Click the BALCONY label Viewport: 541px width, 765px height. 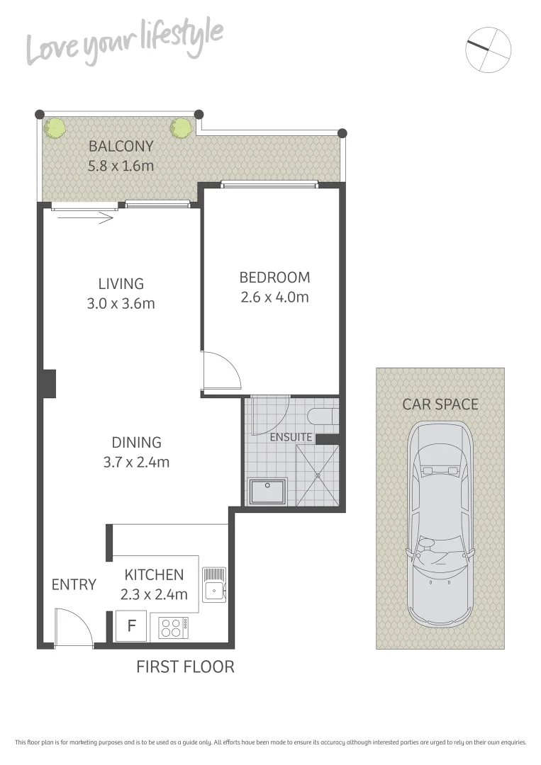121,147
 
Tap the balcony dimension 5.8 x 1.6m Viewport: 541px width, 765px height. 121,166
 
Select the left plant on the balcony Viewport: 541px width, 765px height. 55,128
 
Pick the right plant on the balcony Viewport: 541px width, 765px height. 180,128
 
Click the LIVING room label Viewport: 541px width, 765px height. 121,283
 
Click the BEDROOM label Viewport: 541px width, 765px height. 274,277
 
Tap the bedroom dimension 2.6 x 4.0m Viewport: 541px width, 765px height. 274,297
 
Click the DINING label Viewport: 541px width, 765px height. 136,443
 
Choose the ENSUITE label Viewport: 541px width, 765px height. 291,437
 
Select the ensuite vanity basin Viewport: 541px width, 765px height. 267,491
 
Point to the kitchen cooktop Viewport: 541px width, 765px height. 174,627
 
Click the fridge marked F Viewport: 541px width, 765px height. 131,626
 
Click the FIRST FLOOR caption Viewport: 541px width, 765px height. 185,667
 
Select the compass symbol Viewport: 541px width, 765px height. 489,50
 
